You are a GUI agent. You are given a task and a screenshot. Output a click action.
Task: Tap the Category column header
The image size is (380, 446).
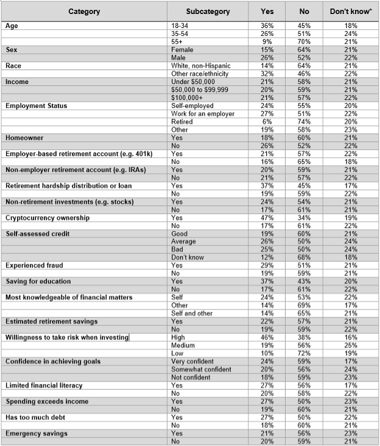[x=84, y=12]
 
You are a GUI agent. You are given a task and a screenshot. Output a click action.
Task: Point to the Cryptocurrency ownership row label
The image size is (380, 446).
[x=47, y=218]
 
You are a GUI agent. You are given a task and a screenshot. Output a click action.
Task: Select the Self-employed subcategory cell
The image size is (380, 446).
[x=192, y=105]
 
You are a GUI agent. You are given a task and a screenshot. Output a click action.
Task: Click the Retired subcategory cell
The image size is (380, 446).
[x=182, y=121]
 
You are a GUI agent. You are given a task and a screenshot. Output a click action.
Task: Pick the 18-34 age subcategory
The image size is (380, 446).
[x=181, y=26]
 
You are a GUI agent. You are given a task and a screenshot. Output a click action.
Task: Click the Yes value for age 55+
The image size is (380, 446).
[x=267, y=41]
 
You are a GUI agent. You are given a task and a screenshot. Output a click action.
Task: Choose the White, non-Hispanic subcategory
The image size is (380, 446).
[x=200, y=65]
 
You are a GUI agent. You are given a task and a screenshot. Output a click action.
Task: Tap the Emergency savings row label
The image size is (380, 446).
[x=36, y=433]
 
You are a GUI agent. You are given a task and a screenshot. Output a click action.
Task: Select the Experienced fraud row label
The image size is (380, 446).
[x=34, y=266]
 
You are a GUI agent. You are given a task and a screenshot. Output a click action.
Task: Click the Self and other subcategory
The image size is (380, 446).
[x=192, y=313]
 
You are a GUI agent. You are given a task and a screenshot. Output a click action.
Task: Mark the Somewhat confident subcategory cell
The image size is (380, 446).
[x=202, y=369]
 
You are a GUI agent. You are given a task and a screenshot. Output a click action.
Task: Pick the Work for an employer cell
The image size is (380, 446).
[x=202, y=113]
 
